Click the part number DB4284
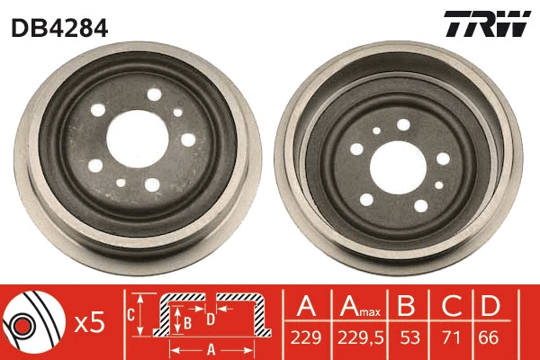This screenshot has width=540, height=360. point(59,27)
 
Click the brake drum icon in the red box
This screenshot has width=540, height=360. point(32,322)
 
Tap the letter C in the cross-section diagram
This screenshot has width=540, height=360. point(130,314)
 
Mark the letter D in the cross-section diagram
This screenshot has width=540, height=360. point(210,319)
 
